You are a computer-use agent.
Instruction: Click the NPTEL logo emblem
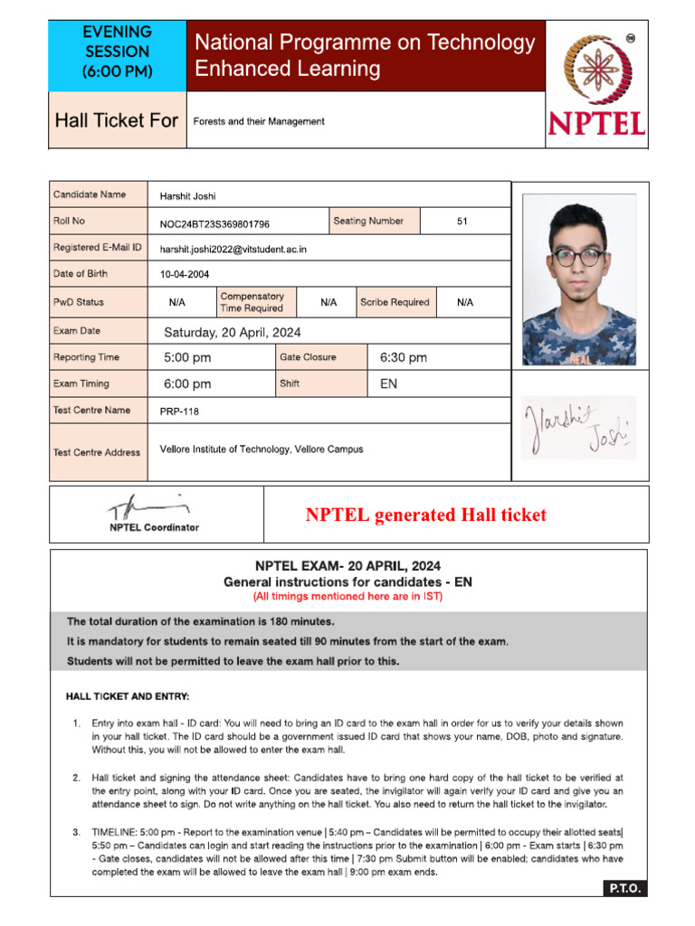click(596, 70)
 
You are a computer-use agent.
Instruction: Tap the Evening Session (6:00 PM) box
click(117, 52)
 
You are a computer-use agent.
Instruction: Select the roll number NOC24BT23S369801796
click(214, 224)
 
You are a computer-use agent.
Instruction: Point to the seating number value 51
click(462, 221)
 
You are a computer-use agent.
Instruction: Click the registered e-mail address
click(233, 249)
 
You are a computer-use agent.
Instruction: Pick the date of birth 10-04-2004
click(186, 274)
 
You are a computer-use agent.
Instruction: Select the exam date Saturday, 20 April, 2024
click(233, 333)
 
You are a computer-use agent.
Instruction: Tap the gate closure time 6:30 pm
click(404, 358)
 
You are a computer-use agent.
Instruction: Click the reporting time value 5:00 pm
click(187, 358)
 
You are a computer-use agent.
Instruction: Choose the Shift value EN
click(388, 383)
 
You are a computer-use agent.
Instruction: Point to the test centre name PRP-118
click(179, 411)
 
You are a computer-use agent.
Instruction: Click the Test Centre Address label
click(97, 452)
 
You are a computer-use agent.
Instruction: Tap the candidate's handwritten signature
click(578, 428)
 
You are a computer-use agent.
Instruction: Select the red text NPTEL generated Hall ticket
click(425, 515)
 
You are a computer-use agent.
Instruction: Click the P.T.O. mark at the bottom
click(624, 888)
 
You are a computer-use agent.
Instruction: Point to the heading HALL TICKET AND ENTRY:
click(128, 696)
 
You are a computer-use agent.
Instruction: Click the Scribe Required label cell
click(395, 303)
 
